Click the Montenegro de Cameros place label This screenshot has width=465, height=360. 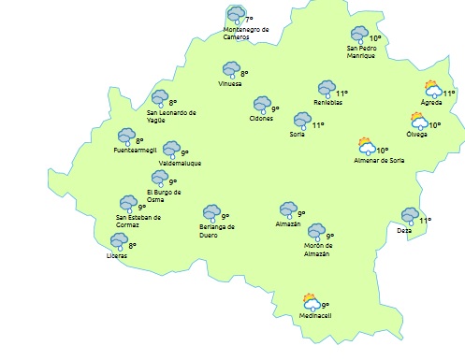click(246, 33)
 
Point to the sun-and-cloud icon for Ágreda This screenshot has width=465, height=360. click(432, 90)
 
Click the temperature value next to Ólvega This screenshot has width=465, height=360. click(435, 125)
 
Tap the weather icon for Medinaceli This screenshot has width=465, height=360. click(312, 302)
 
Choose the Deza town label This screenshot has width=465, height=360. click(404, 230)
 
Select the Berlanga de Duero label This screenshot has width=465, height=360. click(217, 230)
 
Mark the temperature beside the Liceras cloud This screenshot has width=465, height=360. click(132, 246)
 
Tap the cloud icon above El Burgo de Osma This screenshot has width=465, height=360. click(159, 178)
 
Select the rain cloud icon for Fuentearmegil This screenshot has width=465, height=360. click(126, 137)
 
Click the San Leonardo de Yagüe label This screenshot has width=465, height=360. click(171, 116)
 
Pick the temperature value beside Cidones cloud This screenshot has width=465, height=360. click(275, 108)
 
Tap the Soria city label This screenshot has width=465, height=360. click(297, 135)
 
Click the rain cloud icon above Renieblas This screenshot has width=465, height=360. click(327, 88)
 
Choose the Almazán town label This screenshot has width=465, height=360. click(288, 224)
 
